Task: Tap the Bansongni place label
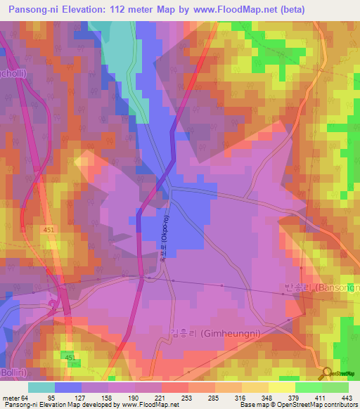(321, 287)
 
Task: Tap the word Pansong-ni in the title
(31, 10)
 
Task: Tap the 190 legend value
(134, 398)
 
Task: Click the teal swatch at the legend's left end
(41, 387)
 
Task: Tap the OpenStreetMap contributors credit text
(320, 405)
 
